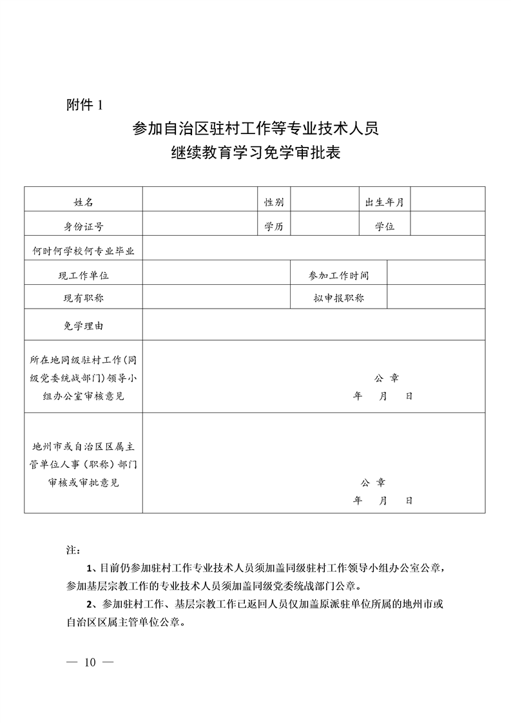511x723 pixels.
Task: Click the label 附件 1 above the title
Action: pyautogui.click(x=84, y=104)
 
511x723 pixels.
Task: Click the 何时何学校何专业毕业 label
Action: pyautogui.click(x=83, y=251)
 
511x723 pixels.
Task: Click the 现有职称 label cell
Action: pyautogui.click(x=83, y=298)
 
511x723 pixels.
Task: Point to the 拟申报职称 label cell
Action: pyautogui.click(x=339, y=298)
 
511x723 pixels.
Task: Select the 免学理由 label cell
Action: pyautogui.click(x=83, y=326)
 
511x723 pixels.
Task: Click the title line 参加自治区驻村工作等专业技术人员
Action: pyautogui.click(x=255, y=129)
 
